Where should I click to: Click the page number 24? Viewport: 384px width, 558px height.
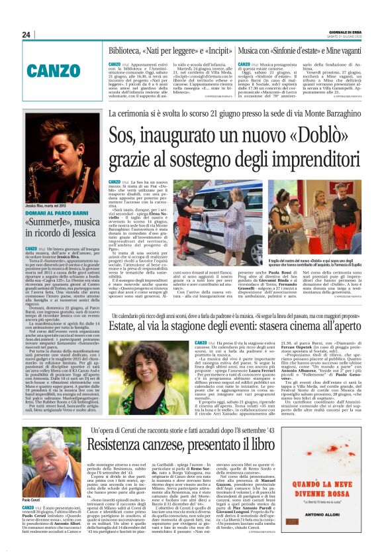27,34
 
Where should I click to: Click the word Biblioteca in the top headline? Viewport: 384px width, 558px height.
128,50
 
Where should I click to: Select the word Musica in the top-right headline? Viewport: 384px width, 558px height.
253,50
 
